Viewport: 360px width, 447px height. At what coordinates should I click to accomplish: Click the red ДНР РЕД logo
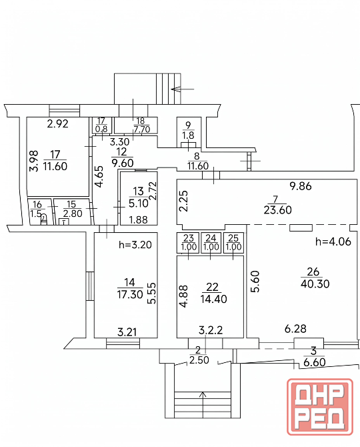coord(320,407)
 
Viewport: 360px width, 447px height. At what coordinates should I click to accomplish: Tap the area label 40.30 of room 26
coord(315,284)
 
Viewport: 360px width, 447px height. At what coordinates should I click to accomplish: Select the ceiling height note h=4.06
coord(333,242)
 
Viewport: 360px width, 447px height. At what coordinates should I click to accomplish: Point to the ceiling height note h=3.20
coord(135,245)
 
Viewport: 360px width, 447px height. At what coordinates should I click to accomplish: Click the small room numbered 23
coord(189,243)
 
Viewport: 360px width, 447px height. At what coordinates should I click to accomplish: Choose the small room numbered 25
coord(233,243)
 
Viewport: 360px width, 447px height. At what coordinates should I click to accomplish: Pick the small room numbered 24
coord(211,243)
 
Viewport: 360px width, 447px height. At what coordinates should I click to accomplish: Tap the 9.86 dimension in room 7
coord(301,186)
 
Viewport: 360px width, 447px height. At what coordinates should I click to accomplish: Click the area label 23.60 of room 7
coord(278,210)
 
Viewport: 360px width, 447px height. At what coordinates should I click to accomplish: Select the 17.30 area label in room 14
coord(130,294)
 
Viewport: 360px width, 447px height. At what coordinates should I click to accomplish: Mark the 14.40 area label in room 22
coord(213,299)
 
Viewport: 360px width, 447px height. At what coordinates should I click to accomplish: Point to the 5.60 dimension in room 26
coord(255,282)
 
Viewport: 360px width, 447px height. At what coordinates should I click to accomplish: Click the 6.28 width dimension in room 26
coord(295,329)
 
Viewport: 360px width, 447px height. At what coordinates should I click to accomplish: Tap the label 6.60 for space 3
coord(315,362)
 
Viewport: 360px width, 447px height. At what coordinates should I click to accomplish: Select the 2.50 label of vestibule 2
coord(199,360)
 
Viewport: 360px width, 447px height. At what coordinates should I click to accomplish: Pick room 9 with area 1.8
coord(189,132)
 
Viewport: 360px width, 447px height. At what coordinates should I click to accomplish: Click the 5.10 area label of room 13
coord(139,203)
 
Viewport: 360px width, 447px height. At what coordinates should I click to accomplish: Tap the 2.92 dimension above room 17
coord(58,123)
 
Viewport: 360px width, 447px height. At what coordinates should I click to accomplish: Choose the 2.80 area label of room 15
coord(73,213)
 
